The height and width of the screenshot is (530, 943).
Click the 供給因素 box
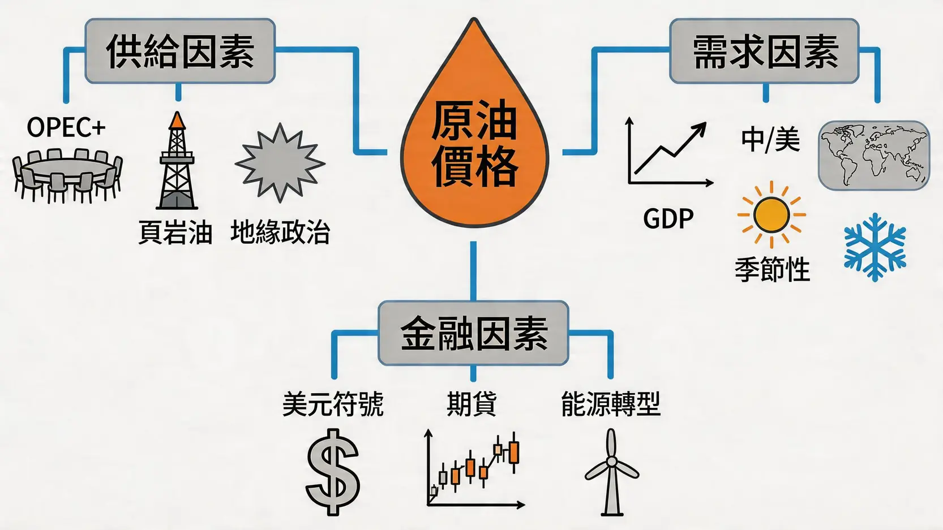(x=180, y=51)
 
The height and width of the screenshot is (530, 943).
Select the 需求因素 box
(x=764, y=51)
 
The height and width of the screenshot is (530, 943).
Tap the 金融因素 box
(x=473, y=333)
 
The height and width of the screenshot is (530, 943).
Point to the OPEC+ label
(x=66, y=127)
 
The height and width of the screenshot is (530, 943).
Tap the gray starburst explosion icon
(x=280, y=163)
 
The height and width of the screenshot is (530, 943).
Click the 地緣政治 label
(x=280, y=232)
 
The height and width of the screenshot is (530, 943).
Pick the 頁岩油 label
(x=175, y=232)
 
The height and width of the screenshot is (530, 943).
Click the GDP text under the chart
(x=668, y=219)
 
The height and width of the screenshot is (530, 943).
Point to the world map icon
(x=873, y=155)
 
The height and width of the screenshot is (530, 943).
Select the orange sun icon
(x=771, y=215)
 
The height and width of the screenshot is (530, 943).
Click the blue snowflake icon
(x=875, y=247)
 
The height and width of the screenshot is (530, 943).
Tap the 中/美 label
(x=770, y=139)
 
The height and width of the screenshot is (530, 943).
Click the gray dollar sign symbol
(x=333, y=472)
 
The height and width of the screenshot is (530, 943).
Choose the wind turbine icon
(x=611, y=472)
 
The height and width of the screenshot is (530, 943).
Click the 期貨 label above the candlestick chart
(x=471, y=404)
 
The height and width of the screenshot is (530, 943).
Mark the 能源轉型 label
(x=611, y=404)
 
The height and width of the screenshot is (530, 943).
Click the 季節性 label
(x=772, y=269)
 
